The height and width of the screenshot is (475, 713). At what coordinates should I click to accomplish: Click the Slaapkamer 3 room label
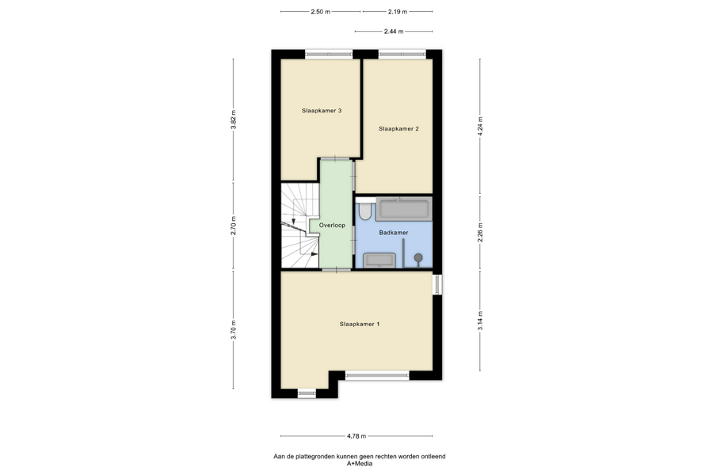(x=322, y=111)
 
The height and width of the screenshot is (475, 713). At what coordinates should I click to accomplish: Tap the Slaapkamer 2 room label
(x=398, y=128)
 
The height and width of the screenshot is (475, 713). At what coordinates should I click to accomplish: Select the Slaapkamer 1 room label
(x=359, y=324)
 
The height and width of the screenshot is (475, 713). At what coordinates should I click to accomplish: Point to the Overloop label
(x=332, y=225)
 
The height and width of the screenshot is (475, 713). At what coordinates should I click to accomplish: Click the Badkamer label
(x=393, y=232)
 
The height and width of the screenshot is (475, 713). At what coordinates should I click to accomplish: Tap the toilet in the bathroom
(x=364, y=211)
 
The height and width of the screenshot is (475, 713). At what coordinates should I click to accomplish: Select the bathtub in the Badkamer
(x=403, y=209)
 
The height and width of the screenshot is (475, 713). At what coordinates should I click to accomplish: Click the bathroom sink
(x=379, y=260)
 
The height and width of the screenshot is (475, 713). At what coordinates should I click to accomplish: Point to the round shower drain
(x=418, y=258)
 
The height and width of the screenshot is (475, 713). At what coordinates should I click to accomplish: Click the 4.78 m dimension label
(x=356, y=436)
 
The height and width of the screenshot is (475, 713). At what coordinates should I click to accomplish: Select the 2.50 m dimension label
(x=321, y=12)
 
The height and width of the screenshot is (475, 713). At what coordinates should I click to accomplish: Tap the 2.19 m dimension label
(x=398, y=12)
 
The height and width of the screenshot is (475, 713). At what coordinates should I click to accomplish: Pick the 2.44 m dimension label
(x=394, y=32)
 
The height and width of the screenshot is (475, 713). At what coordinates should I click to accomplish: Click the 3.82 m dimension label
(x=234, y=120)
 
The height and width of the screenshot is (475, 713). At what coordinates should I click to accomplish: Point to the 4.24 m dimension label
(x=480, y=127)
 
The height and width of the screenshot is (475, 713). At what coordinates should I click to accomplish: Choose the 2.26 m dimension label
(x=480, y=232)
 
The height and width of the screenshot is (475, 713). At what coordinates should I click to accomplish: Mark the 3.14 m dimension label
(x=480, y=321)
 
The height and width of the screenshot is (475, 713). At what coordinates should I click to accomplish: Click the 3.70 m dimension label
(x=234, y=330)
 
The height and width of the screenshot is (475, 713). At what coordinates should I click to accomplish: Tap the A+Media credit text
(x=360, y=464)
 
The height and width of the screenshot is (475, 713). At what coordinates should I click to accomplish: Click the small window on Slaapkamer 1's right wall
(x=437, y=283)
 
